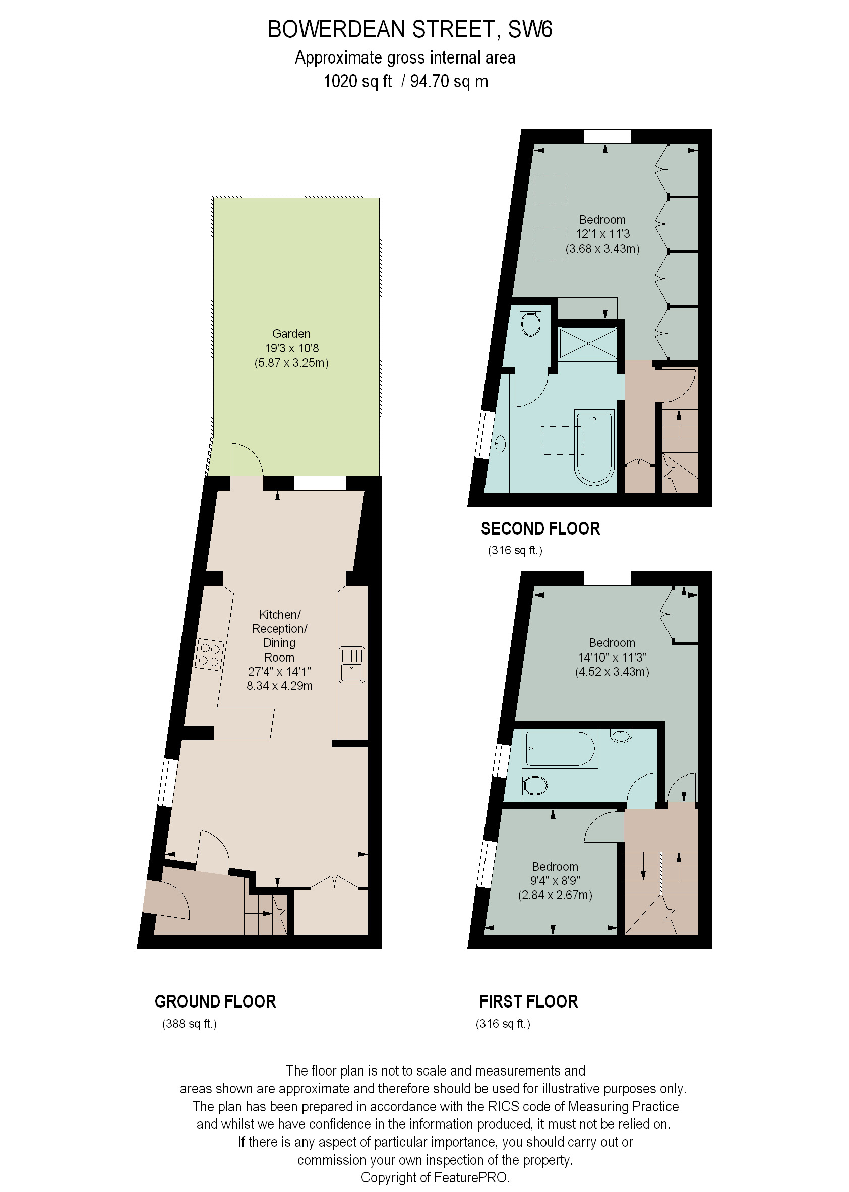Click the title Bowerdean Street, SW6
(410, 30)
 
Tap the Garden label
(291, 334)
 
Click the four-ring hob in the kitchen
(210, 655)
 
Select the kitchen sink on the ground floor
(352, 665)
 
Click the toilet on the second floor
(530, 322)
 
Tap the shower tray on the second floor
(588, 343)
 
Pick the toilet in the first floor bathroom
(535, 785)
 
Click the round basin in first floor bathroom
(621, 736)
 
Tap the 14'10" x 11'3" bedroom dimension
(612, 657)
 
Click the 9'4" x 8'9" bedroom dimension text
(555, 880)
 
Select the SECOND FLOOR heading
(540, 529)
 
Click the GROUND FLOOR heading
(215, 1002)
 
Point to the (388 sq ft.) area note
(189, 1024)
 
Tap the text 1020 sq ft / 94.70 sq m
(405, 82)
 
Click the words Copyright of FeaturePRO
(435, 1177)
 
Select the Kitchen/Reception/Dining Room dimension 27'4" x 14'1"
(279, 671)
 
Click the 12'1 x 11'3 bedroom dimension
(602, 234)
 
